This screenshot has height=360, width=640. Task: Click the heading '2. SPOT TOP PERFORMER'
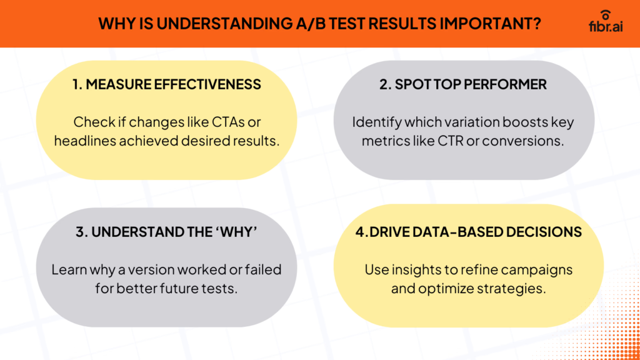click(x=462, y=84)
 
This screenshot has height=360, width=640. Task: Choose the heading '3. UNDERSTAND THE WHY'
click(x=167, y=232)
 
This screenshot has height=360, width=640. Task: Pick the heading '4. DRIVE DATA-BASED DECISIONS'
click(x=469, y=232)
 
